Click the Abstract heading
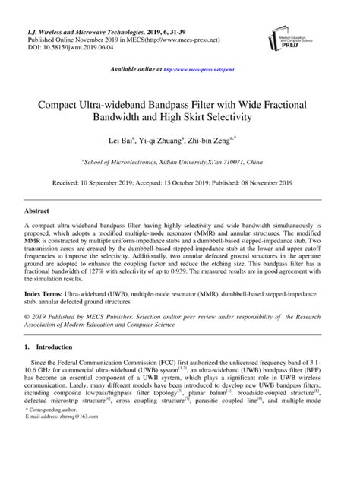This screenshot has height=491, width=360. coord(38,211)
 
